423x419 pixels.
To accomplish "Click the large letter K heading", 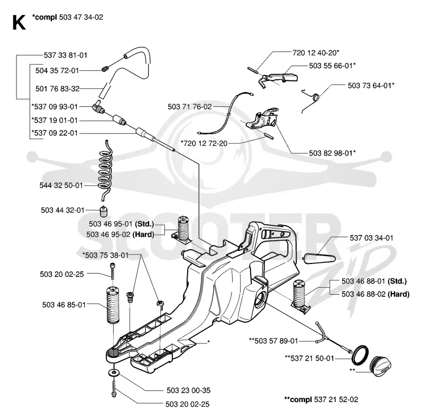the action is [x=19, y=23].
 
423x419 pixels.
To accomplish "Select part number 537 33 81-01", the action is [x=66, y=55].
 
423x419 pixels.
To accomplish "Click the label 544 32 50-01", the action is [x=61, y=185].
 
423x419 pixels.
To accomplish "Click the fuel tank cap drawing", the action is [x=380, y=366].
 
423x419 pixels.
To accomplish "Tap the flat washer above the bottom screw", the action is [x=114, y=373].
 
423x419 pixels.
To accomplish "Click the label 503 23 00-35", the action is [x=188, y=390].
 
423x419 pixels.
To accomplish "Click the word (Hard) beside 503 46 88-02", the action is [x=398, y=294].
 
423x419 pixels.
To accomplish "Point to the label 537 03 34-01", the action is [x=372, y=238].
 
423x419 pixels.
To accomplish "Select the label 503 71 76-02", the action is [x=190, y=107].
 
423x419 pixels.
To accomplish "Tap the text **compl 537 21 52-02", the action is [x=321, y=399].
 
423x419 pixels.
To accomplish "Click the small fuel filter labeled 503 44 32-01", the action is [x=103, y=211].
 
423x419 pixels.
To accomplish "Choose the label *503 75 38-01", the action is [x=105, y=255].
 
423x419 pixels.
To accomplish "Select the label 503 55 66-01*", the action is [x=333, y=66].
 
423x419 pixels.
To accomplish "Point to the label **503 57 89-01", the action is [x=273, y=341].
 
